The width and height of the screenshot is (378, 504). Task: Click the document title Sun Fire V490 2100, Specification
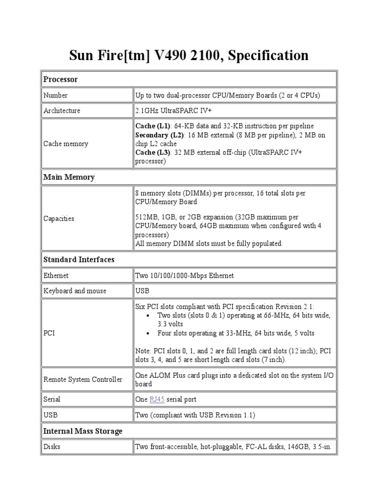coord(189,55)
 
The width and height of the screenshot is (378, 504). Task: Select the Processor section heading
coord(61,79)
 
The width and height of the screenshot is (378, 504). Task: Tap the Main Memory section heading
coord(69,177)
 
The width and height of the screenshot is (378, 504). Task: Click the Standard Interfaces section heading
coord(79,259)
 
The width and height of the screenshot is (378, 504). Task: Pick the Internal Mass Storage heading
coord(83,431)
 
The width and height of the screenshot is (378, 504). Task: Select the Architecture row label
coord(62,111)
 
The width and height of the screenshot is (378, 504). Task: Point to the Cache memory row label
coord(65,144)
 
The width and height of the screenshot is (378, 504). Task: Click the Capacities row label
coord(59,219)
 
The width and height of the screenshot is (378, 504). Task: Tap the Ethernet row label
coord(56,276)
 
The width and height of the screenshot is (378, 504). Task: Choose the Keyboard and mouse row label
coord(75,291)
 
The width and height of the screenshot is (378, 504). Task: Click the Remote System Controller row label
coord(83,379)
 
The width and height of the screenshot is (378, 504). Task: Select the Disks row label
coord(53,447)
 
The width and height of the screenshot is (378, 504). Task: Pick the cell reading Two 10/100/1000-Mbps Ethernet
coord(185,276)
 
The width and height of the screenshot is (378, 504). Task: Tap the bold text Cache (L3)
coord(152,153)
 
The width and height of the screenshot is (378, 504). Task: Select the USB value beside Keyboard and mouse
coord(142,291)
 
